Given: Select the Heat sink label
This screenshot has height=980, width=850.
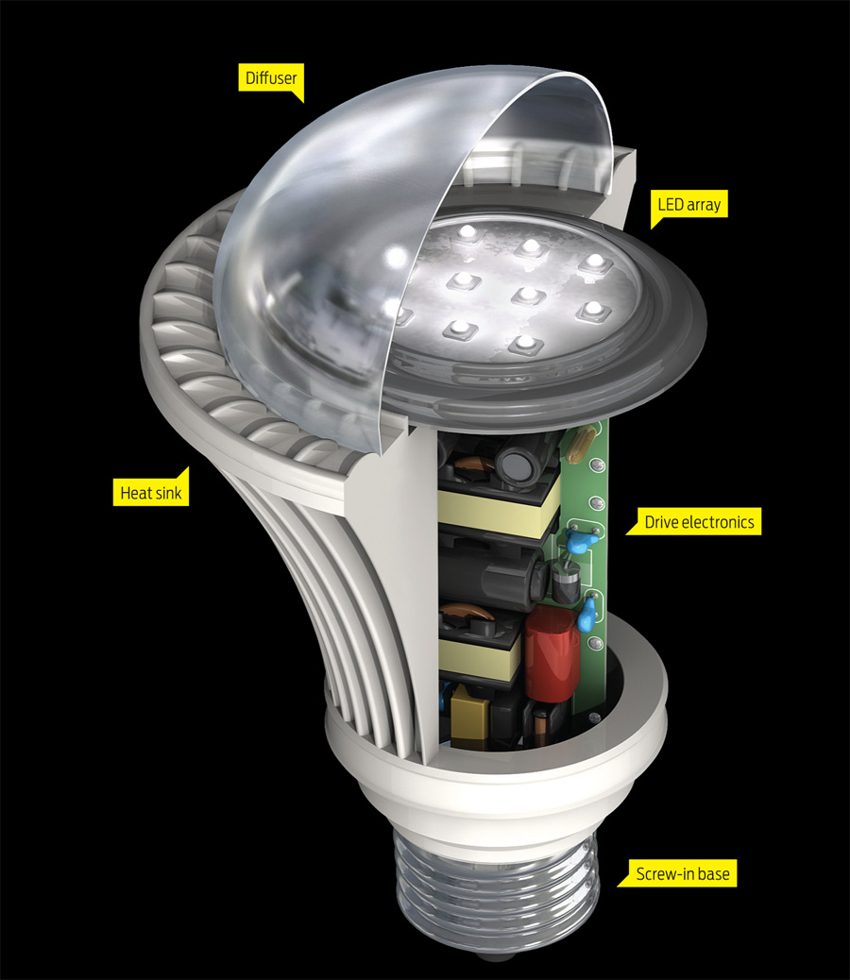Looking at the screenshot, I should (x=149, y=491).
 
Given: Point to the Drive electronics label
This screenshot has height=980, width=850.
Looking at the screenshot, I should (x=699, y=520).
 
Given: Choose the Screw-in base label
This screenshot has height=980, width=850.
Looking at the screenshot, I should (x=680, y=874).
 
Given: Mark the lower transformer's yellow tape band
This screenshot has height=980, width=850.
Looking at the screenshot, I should (x=482, y=658).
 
